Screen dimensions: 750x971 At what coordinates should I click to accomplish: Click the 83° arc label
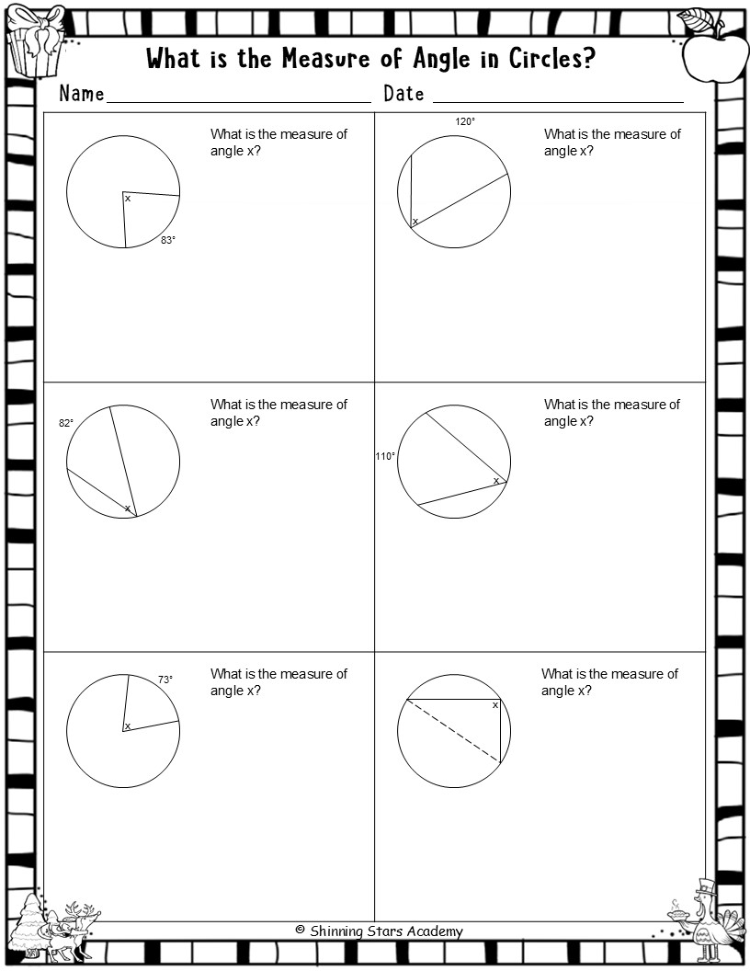pos(167,240)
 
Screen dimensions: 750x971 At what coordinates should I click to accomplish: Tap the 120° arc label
pos(465,122)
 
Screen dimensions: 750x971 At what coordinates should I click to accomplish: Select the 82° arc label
pos(65,423)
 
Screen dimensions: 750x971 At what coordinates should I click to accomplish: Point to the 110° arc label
pos(385,456)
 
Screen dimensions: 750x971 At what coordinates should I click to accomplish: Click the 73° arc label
pos(165,680)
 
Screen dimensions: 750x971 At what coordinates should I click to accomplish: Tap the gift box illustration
pos(37,40)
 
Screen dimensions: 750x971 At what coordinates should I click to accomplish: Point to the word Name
pos(82,94)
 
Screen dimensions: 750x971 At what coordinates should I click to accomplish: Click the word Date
pos(404,94)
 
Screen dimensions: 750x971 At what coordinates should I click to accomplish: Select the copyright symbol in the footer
pos(301,930)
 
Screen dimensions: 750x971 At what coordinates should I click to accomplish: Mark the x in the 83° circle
pos(128,199)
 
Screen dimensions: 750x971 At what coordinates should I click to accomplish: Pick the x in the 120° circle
pos(415,221)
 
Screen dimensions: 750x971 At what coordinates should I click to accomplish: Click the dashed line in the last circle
pos(453,731)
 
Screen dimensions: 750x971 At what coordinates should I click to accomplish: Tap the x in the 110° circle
pos(495,481)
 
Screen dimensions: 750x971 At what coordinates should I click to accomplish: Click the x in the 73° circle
pos(128,726)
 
